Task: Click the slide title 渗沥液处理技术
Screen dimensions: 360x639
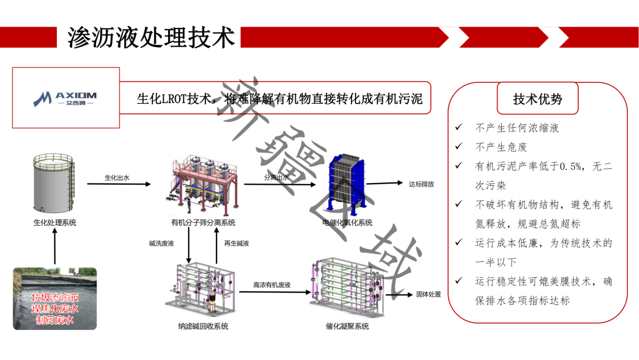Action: (x=151, y=36)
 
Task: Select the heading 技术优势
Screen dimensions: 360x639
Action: (x=537, y=99)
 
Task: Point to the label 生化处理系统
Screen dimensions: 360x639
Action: (x=54, y=223)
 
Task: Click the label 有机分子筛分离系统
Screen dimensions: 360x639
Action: (x=203, y=223)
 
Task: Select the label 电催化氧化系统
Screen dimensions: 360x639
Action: (x=347, y=223)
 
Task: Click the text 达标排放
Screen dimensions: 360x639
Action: (x=421, y=184)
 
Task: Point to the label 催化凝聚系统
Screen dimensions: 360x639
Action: (x=347, y=326)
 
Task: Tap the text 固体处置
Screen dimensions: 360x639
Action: (x=428, y=294)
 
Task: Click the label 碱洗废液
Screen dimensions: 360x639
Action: (x=162, y=243)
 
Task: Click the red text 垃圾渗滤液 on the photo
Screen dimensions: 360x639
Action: (x=55, y=297)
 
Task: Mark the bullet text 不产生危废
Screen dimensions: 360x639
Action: (x=501, y=147)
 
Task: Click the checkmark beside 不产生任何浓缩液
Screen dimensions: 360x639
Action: (x=459, y=128)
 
